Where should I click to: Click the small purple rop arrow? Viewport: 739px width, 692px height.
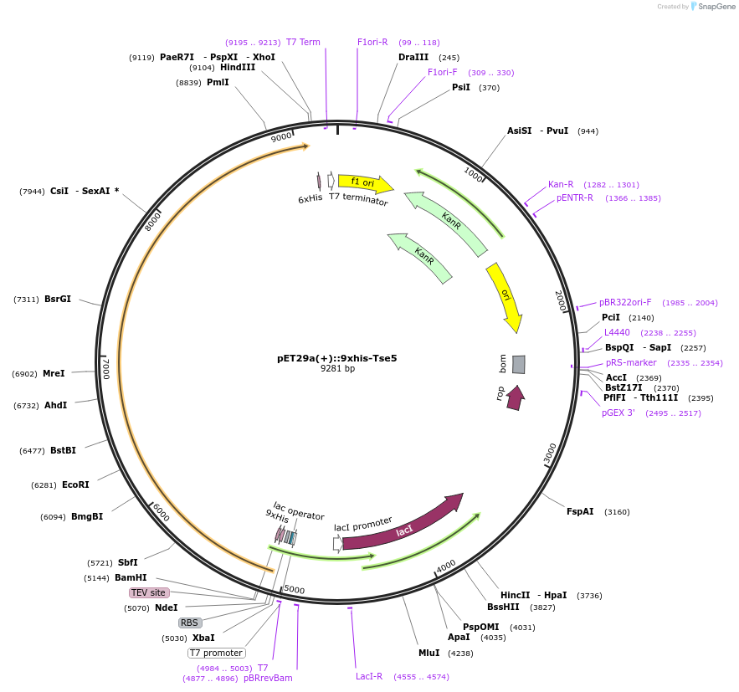tap(515, 397)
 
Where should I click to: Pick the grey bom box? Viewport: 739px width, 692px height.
tap(519, 364)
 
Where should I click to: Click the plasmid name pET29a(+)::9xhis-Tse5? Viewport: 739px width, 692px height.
tap(337, 358)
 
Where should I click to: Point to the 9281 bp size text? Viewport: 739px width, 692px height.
tap(337, 369)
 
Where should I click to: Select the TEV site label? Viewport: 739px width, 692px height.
tap(148, 592)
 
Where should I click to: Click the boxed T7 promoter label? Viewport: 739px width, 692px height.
tap(216, 653)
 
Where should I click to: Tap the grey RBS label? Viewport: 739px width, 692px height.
tap(190, 623)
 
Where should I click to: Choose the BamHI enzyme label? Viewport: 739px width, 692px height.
tap(131, 577)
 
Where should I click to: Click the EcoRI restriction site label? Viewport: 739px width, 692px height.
tap(75, 484)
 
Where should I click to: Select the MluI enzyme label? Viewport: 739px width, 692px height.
tap(429, 653)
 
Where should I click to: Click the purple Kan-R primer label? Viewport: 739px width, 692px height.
tap(561, 184)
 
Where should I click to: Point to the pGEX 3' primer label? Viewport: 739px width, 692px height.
tap(618, 413)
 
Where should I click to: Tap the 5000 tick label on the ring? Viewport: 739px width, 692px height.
tap(295, 589)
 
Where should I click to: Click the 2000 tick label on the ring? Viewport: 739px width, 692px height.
tap(561, 300)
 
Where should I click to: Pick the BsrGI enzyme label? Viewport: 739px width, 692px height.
tap(58, 299)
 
